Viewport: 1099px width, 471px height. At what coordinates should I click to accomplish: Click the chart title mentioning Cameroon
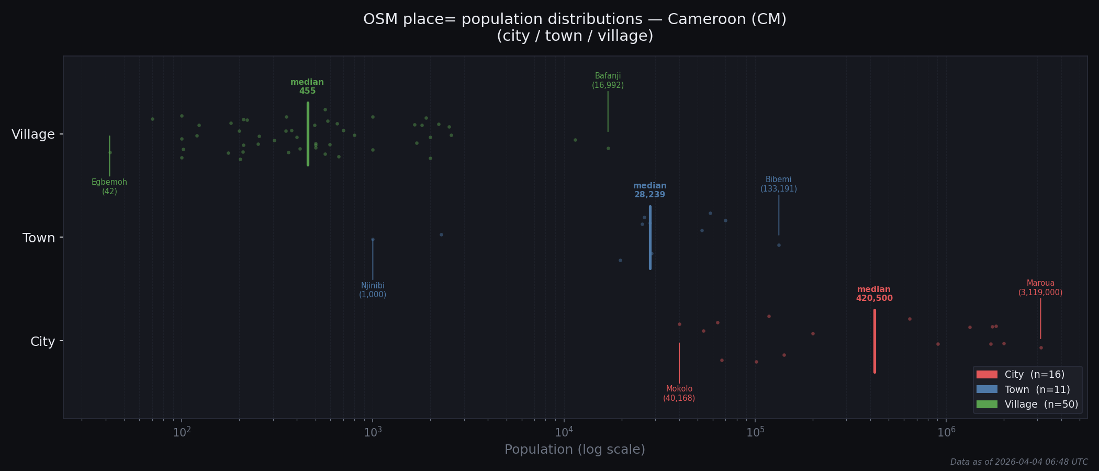coord(575,27)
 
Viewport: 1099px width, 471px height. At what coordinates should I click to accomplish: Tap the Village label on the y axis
coord(33,134)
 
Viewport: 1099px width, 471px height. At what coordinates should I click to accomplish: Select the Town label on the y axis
coord(39,238)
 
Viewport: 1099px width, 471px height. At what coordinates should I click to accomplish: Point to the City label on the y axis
coord(42,342)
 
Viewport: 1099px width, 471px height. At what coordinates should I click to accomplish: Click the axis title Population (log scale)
coord(575,450)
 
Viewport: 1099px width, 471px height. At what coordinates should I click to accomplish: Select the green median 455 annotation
coord(307,86)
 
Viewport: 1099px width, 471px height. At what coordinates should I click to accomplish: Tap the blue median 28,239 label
coord(649,190)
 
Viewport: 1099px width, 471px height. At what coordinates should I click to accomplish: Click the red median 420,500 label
coord(874,294)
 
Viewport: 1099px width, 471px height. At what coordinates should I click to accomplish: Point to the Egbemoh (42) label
coord(109,187)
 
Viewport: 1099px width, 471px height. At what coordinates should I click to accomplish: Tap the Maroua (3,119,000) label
coord(1040,288)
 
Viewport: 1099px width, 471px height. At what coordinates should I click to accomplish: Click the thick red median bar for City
coord(874,341)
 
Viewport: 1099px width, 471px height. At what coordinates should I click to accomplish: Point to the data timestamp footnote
coord(1018,462)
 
